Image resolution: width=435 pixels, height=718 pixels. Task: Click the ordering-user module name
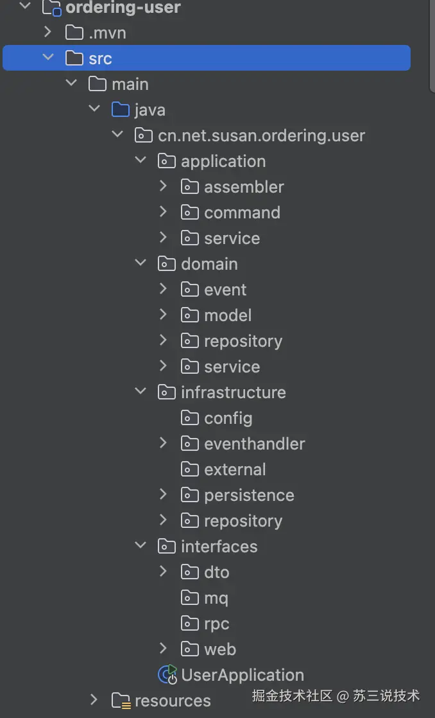[x=123, y=7]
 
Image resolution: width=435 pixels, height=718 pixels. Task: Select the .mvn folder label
[x=108, y=33]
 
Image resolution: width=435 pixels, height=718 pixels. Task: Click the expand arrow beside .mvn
[x=47, y=32]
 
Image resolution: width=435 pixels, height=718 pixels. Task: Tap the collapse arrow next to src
[x=47, y=57]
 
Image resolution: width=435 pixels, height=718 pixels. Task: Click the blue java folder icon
[x=121, y=109]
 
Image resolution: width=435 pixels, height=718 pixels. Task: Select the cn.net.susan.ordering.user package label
[x=261, y=136]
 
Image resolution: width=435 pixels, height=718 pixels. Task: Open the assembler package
[x=244, y=187]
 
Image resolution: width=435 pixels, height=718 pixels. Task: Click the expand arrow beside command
[x=163, y=211]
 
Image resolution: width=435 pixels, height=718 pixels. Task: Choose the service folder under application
[x=232, y=238]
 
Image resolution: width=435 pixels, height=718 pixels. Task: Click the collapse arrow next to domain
[x=141, y=263]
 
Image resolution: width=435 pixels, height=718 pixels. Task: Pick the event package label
[x=225, y=290]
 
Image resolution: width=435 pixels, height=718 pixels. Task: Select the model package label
[x=228, y=315]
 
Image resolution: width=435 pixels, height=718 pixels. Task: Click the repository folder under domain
[x=243, y=341]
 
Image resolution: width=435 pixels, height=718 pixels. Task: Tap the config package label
[x=228, y=418]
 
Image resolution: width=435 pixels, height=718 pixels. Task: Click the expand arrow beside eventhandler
[x=163, y=442]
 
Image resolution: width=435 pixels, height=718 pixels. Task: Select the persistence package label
[x=249, y=495]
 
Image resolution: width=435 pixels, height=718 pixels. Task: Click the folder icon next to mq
[x=189, y=597]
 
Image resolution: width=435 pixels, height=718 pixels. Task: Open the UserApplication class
[x=243, y=675]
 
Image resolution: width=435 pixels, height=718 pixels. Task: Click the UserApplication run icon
[x=167, y=674]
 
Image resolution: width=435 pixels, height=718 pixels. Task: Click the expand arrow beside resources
[x=94, y=699]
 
